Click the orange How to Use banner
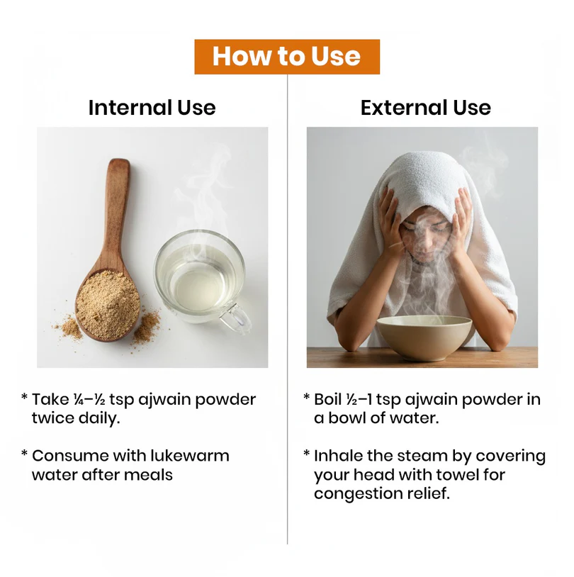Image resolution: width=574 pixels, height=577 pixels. pyautogui.click(x=287, y=57)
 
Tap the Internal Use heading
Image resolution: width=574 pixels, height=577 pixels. pyautogui.click(x=152, y=108)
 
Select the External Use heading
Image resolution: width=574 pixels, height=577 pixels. pyautogui.click(x=426, y=108)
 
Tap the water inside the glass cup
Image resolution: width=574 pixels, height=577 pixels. pyautogui.click(x=198, y=280)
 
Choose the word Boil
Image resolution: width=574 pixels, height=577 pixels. pyautogui.click(x=328, y=400)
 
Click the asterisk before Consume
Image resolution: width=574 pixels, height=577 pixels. pyautogui.click(x=25, y=453)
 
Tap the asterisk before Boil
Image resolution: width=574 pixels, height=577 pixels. pyautogui.click(x=307, y=397)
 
